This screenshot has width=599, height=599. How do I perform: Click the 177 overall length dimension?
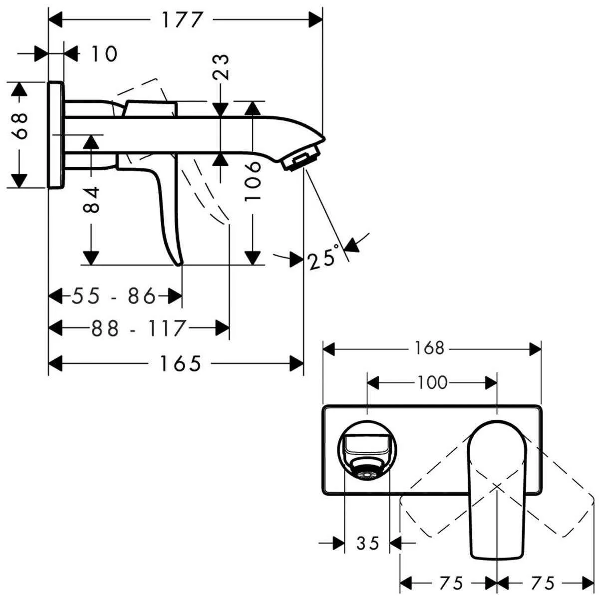pos(182,20)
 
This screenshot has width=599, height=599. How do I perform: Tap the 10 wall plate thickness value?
pos(104,53)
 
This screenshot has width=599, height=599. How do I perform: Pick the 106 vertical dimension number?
pos(253,181)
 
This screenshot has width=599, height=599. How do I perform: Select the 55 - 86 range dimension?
pos(114,297)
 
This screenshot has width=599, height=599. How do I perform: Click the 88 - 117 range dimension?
pos(138,328)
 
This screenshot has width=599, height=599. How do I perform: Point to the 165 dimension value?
pos(180,363)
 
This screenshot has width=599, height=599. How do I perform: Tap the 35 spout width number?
pos(368,543)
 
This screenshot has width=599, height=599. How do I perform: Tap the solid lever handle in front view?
pos(497,489)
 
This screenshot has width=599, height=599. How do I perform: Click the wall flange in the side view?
pos(56,135)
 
